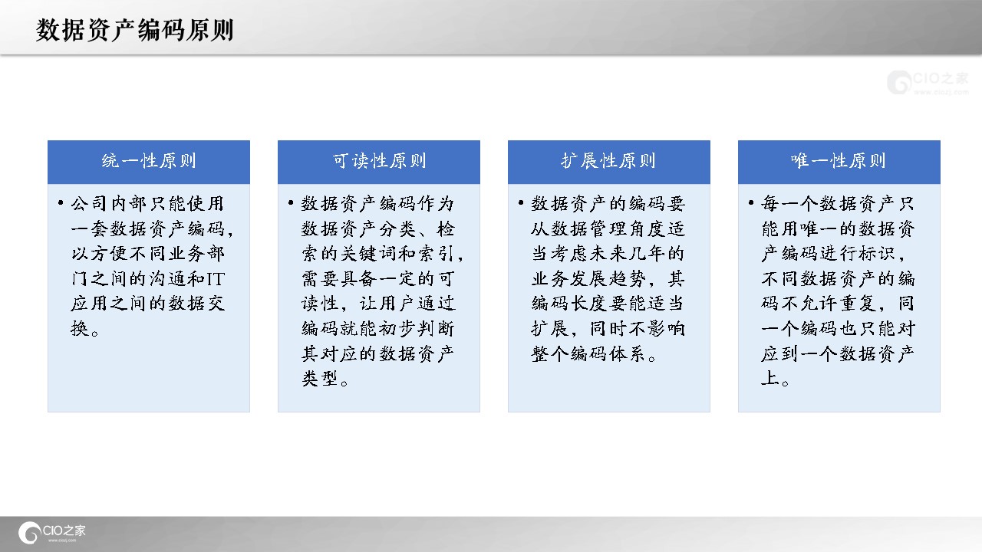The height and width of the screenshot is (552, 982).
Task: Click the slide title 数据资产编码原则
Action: [x=134, y=30]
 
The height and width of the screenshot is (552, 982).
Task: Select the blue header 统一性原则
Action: [x=149, y=162]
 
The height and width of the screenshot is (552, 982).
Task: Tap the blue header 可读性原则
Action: [x=379, y=162]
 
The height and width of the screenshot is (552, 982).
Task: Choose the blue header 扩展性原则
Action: [x=609, y=162]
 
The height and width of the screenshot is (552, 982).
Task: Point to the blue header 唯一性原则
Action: [x=839, y=162]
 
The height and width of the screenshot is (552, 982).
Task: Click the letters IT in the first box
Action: [x=216, y=278]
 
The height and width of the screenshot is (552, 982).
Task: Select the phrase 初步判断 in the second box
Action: [x=416, y=329]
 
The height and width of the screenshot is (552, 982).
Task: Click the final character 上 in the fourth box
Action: [x=769, y=379]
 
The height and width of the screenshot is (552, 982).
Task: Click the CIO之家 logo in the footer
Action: [x=52, y=533]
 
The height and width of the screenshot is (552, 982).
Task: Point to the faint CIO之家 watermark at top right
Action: [x=928, y=82]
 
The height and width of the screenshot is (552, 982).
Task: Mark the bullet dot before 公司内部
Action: [x=61, y=203]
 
